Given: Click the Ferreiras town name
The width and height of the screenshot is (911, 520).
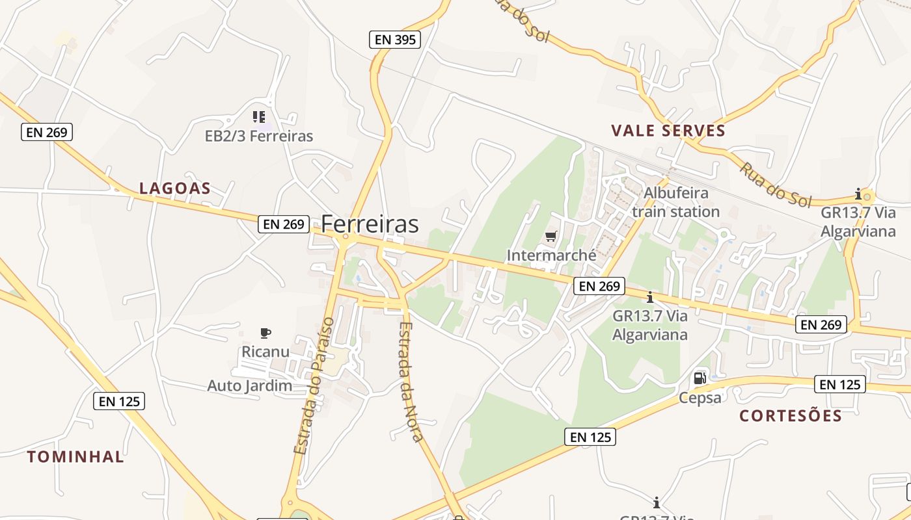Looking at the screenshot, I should tap(370, 224).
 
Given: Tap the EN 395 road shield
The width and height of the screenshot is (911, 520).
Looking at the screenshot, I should tap(395, 40).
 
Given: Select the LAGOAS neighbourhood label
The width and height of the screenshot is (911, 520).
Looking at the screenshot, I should tap(175, 188).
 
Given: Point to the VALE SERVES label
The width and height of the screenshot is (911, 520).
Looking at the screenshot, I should tap(668, 131).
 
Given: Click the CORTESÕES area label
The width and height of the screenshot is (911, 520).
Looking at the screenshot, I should tap(791, 415).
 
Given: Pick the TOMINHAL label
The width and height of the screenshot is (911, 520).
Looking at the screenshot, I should tap(75, 456).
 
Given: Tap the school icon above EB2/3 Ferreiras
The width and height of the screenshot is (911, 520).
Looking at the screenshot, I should tap(259, 117).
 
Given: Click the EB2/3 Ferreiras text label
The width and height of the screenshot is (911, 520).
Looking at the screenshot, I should tap(259, 136).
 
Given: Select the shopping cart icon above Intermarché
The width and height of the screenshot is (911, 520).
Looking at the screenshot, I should tap(551, 237).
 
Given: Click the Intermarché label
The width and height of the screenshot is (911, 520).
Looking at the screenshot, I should tap(551, 255).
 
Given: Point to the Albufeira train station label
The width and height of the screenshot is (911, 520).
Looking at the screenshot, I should tap(675, 202).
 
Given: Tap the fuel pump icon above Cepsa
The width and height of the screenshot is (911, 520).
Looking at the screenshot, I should tap(700, 378).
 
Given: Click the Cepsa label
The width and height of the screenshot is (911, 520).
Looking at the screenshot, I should tap(700, 397).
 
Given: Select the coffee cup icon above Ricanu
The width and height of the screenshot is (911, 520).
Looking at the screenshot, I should tap(265, 333).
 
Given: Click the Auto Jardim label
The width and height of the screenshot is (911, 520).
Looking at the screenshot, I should tap(249, 386).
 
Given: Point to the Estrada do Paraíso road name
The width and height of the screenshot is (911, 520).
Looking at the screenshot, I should tap(314, 385).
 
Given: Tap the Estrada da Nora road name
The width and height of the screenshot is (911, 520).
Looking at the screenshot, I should tap(411, 382).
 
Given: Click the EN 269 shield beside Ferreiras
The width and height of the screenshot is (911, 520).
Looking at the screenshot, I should tap(284, 224).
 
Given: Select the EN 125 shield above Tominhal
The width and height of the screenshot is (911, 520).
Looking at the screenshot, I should tap(119, 401).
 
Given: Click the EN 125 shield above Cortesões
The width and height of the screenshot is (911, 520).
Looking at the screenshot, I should tap(840, 384).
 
